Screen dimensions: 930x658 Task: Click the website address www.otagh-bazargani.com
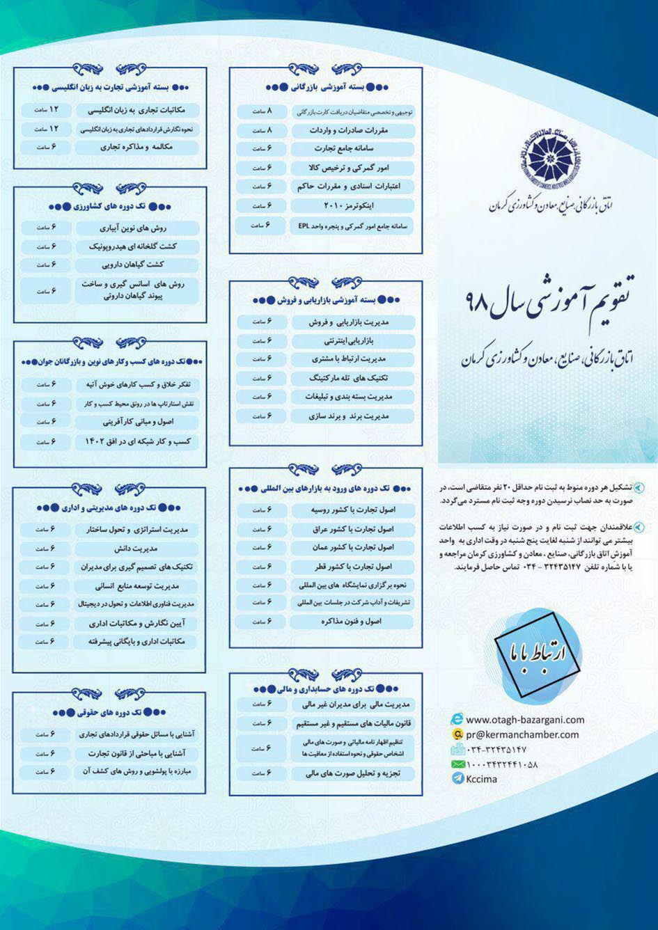click(525, 720)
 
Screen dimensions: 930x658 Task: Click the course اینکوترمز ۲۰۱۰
click(352, 206)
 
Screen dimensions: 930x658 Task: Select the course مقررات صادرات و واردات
click(352, 130)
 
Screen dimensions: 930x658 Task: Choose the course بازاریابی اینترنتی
click(352, 341)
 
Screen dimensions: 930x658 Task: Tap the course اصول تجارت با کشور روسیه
click(352, 510)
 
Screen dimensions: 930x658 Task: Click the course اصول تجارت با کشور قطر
click(352, 567)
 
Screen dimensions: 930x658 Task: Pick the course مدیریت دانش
click(136, 549)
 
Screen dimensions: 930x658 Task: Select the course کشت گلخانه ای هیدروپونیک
click(136, 246)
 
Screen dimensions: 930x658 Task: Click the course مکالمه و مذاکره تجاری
click(136, 147)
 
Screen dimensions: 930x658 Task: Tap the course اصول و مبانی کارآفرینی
click(136, 422)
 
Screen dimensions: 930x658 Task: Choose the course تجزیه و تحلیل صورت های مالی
click(352, 773)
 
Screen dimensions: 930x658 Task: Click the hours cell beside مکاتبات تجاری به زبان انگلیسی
click(46, 110)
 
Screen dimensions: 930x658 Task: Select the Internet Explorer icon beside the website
click(457, 720)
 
